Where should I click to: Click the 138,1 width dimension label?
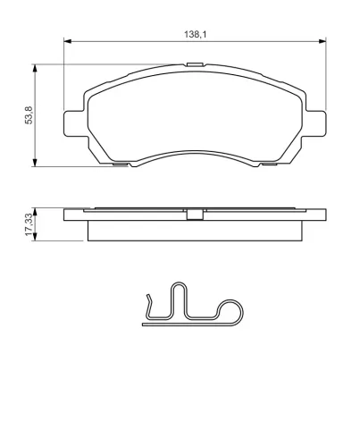coord(195,34)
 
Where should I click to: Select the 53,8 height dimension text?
coord(29,115)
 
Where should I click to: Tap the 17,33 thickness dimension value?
coord(29,224)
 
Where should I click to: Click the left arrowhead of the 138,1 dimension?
coord(68,41)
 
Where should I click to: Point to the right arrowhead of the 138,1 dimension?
coord(322,41)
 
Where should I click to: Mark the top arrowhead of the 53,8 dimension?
coord(35,68)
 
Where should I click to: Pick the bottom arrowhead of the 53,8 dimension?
coord(35,163)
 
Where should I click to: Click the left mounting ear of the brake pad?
coord(74,123)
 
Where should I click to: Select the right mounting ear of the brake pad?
coord(315,123)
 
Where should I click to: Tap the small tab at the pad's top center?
coord(195,64)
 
